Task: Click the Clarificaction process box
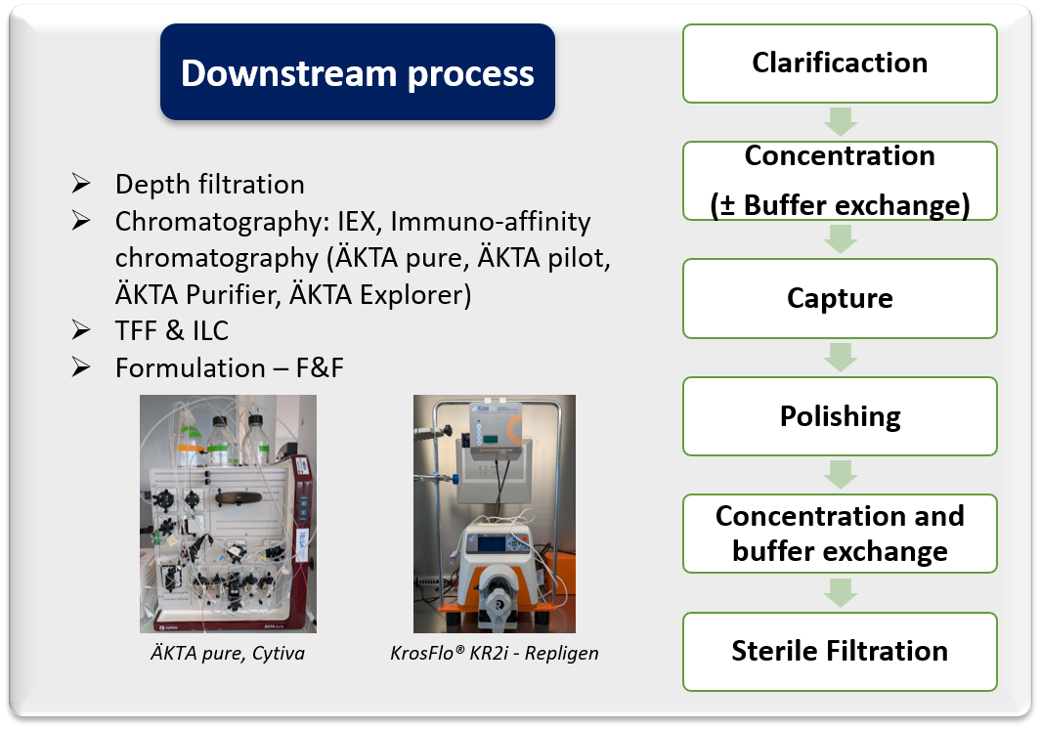pos(840,64)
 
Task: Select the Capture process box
pos(840,298)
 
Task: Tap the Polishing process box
pos(840,416)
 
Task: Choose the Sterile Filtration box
pos(840,652)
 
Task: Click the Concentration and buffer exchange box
pos(840,534)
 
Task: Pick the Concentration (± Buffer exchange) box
pos(840,181)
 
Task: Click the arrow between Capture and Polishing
pos(841,357)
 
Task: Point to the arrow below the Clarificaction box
pos(841,122)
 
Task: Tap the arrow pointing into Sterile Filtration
pos(841,592)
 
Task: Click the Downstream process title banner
pos(358,73)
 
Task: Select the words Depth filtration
pos(209,185)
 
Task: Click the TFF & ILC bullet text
pos(171,331)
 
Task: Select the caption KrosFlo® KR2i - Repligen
pos(494,653)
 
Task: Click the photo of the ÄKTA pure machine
pos(228,513)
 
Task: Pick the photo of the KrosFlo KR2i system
pos(494,513)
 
